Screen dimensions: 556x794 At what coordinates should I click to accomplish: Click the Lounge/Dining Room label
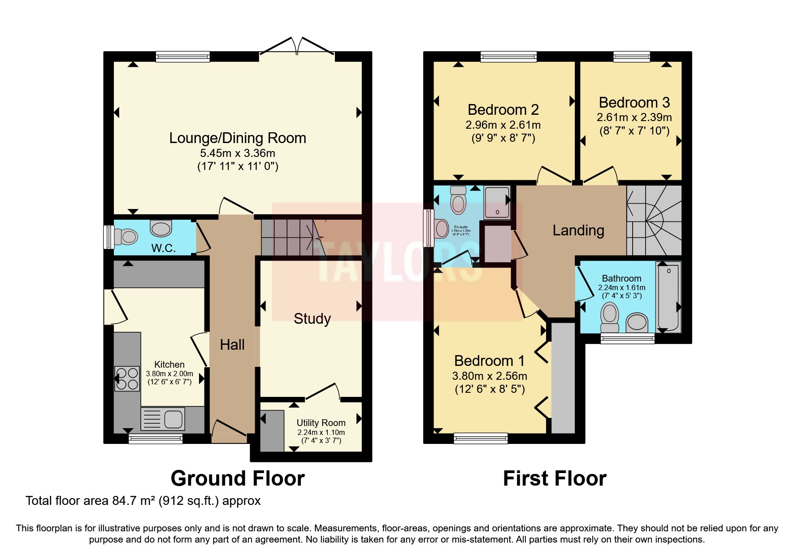tap(237, 138)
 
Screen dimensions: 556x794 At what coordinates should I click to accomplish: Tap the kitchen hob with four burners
tap(127, 379)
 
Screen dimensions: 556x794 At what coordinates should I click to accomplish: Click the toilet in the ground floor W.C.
tap(125, 236)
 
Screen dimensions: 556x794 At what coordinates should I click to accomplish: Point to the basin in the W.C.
tap(161, 228)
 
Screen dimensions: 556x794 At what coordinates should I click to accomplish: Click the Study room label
tap(312, 319)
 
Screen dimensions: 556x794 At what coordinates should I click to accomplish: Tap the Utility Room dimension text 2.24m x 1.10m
tap(321, 433)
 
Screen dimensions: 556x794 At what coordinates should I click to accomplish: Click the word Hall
tap(232, 345)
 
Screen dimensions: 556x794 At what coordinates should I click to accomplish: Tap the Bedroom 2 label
tap(503, 110)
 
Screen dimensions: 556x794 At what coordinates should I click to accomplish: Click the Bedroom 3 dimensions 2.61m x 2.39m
tap(634, 117)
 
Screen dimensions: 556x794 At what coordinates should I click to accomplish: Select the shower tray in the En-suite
tap(497, 203)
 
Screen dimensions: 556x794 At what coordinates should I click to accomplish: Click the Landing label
tap(578, 230)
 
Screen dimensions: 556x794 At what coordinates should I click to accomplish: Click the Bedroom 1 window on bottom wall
tap(481, 438)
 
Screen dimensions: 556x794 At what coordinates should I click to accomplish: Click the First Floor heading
tap(555, 478)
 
